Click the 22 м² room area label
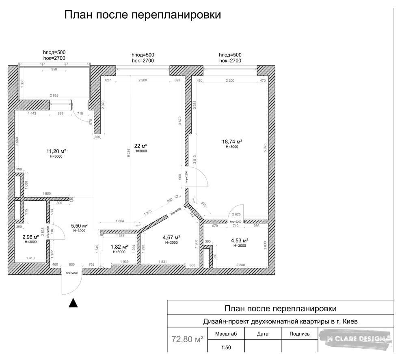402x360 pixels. [x=140, y=146]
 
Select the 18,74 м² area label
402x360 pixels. [x=232, y=142]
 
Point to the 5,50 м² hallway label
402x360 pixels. [x=79, y=226]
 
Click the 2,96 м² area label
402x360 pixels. [x=30, y=237]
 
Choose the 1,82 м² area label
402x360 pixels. [x=119, y=247]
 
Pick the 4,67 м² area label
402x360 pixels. [x=171, y=237]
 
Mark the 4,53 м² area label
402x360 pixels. [x=239, y=240]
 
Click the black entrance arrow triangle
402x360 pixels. [x=73, y=303]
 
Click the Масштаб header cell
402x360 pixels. [x=225, y=334]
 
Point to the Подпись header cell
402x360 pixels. [x=300, y=334]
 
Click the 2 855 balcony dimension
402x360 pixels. [x=54, y=95]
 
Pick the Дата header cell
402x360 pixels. [x=263, y=334]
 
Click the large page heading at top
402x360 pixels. [x=143, y=15]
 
